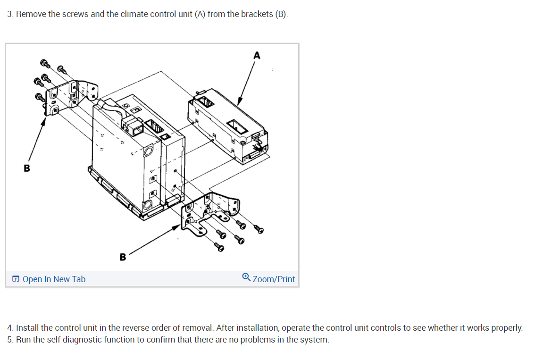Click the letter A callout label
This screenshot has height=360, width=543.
[x=256, y=56]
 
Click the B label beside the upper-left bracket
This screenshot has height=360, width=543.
[x=27, y=168]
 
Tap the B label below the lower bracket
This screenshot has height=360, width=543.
[x=123, y=257]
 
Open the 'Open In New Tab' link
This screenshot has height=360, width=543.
[x=54, y=279]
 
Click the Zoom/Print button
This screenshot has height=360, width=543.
[x=274, y=279]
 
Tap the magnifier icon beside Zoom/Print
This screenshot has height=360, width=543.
[x=246, y=278]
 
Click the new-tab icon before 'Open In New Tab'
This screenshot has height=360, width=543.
[x=16, y=279]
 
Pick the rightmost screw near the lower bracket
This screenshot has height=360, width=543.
[x=258, y=230]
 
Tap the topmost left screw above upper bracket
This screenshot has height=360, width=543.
[x=45, y=63]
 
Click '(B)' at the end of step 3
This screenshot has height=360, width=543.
[x=281, y=14]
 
